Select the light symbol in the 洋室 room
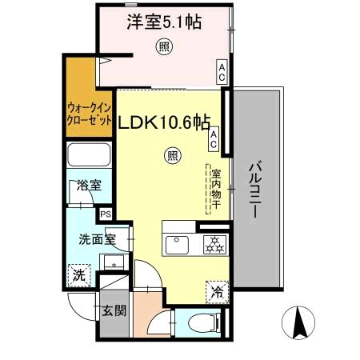(x=162, y=47)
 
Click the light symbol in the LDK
(x=171, y=156)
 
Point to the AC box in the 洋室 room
(x=222, y=72)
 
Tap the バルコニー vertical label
(x=256, y=188)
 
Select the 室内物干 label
(x=215, y=189)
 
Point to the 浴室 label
(x=89, y=186)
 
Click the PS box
(x=106, y=213)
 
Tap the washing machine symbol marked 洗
(x=78, y=274)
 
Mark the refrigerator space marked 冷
(x=215, y=291)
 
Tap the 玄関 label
(x=114, y=310)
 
